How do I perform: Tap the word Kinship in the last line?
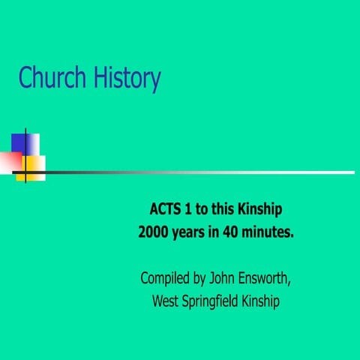pyautogui.click(x=259, y=303)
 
